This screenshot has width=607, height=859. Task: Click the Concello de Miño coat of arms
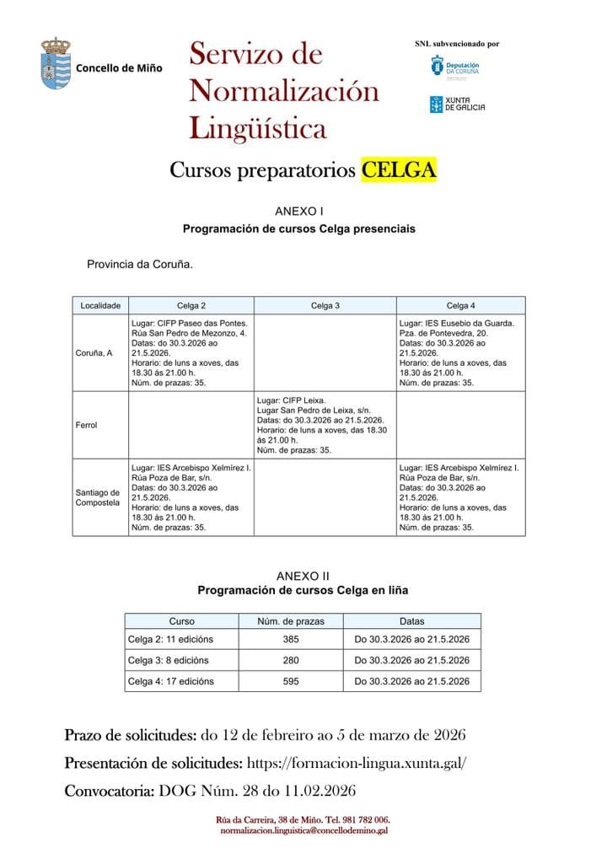tap(56, 63)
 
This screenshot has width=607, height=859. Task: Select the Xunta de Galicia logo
tap(457, 104)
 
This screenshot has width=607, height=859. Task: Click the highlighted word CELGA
tap(399, 170)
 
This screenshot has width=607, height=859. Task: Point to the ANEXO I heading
tap(299, 212)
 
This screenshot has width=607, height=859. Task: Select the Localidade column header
tap(100, 305)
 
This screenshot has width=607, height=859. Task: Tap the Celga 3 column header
tap(325, 305)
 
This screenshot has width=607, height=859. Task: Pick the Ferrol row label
tap(85, 425)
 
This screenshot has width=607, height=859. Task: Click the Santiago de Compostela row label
tap(99, 497)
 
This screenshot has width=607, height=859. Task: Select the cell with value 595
tap(291, 681)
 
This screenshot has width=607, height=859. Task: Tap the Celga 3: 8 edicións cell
tap(168, 660)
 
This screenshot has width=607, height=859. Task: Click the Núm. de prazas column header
tap(291, 620)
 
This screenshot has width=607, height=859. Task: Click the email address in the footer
tap(303, 830)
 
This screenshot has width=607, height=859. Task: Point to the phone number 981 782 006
tap(363, 819)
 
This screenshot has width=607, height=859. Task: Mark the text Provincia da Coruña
tap(140, 265)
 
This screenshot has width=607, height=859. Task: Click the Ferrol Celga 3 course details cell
tap(325, 425)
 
